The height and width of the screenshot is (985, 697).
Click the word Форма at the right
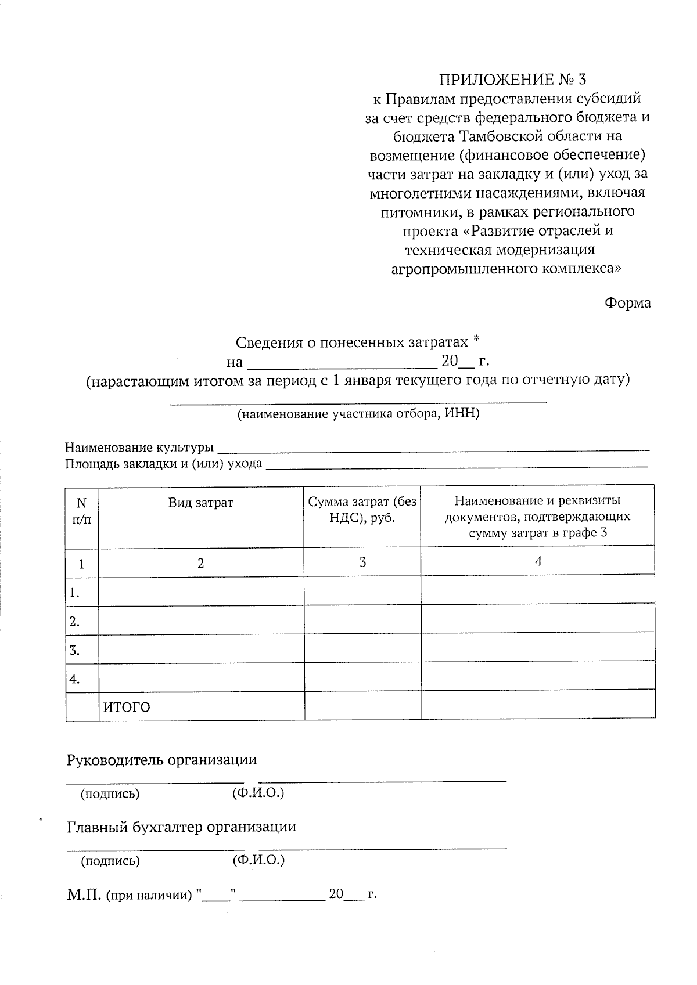[627, 303]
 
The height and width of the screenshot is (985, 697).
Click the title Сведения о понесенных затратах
[351, 342]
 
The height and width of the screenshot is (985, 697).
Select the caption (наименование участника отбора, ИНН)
[358, 414]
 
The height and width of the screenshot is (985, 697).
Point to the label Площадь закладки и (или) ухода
[163, 464]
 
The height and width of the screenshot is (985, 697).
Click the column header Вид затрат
[201, 503]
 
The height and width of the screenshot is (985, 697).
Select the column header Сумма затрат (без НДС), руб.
[362, 510]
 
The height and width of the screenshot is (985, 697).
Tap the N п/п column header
[82, 510]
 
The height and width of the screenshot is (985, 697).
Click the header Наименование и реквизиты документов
[537, 516]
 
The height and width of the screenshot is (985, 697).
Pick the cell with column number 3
[362, 562]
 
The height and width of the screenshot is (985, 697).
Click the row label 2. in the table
[74, 622]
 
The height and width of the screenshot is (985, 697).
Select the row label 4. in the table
[74, 679]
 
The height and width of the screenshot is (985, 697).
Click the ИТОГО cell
[127, 708]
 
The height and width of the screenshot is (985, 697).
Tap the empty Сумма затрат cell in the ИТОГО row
[362, 706]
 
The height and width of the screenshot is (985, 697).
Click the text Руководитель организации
[161, 760]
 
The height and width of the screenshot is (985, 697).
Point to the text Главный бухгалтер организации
[181, 827]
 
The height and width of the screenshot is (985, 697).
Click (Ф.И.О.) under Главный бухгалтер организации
[258, 860]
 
